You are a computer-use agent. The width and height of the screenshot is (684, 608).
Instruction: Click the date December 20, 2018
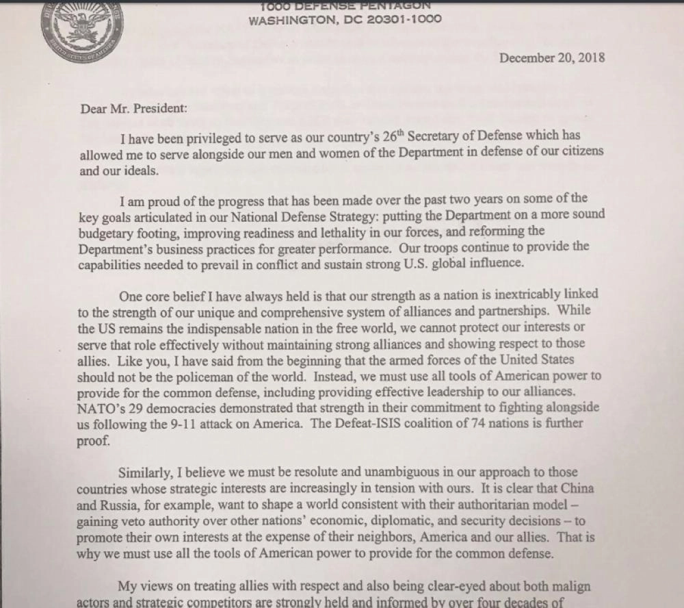[552, 58]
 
